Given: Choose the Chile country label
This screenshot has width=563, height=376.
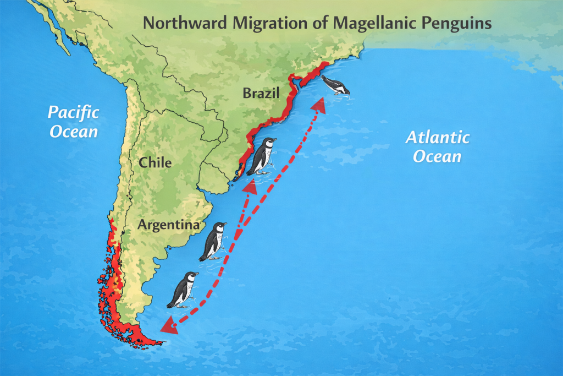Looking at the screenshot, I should click(155, 163).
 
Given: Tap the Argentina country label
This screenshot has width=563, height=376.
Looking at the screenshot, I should click(168, 225).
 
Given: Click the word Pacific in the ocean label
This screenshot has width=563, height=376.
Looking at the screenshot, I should click(73, 113).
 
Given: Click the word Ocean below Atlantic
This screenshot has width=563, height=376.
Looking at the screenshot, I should click(437, 156).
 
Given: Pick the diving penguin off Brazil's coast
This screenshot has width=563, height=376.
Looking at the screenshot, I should click(335, 85).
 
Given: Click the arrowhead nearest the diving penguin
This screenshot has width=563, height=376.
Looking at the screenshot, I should click(317, 106).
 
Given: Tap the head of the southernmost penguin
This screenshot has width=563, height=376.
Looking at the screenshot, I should click(190, 277).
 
